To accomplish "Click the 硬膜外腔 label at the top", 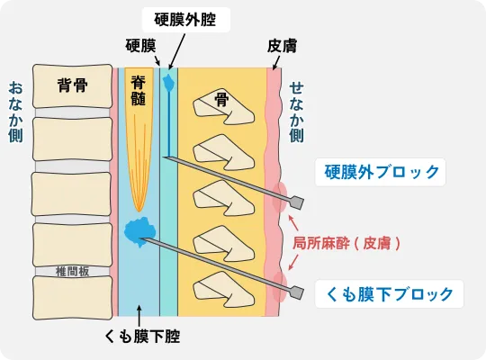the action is [185, 20].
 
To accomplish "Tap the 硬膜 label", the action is [140, 46].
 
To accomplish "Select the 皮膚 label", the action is [282, 46].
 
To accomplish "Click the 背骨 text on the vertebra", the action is [72, 85].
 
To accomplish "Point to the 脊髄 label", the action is [139, 91].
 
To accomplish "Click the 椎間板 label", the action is [72, 272].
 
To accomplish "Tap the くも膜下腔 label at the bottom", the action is [142, 337].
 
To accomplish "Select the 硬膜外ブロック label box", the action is [381, 172].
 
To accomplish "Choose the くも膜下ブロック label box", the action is [390, 294].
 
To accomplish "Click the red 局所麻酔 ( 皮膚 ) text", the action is [346, 243].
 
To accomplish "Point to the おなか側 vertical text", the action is [15, 112].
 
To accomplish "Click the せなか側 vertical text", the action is [296, 112].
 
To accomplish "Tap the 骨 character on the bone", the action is [221, 100].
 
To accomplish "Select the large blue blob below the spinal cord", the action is [139, 232].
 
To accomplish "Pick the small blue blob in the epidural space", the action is [169, 82].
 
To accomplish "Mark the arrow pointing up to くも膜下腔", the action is [139, 316].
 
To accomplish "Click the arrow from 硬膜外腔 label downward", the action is [177, 51].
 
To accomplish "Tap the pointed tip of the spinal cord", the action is [139, 211].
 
